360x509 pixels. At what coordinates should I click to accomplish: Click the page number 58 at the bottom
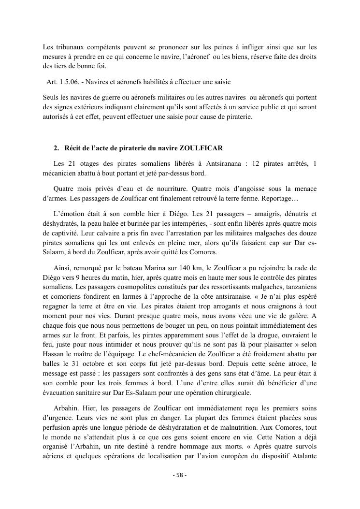179,475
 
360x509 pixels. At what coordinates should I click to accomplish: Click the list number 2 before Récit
56,147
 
